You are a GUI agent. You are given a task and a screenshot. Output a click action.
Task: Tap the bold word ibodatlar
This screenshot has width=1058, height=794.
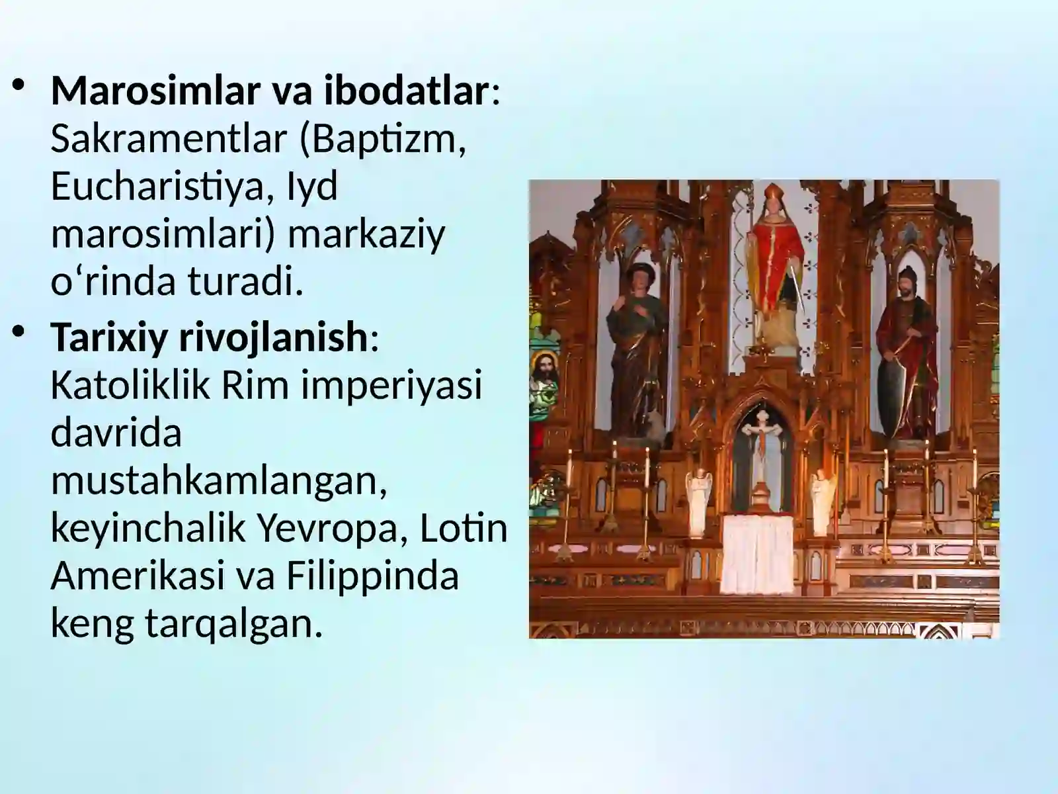click(x=405, y=91)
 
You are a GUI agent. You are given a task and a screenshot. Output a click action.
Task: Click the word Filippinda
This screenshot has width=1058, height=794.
click(x=372, y=575)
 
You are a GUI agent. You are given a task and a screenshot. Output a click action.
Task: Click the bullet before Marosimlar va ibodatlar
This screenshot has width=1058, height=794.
click(x=20, y=86)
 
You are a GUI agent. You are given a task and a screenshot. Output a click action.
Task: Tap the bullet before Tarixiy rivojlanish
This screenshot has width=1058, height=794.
click(x=20, y=332)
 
